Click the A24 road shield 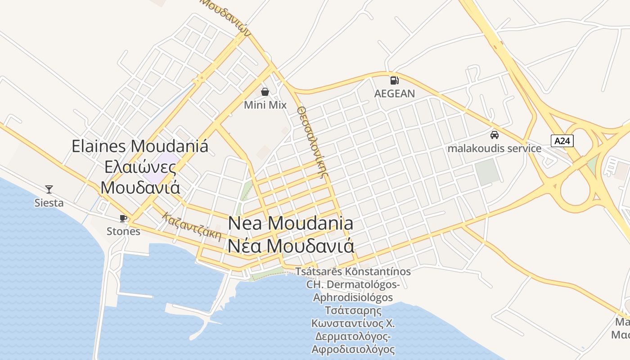coord(562,141)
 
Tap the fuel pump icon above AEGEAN coord(394,81)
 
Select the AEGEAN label coord(395,94)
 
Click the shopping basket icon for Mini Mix coord(265,92)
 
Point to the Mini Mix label coord(265,105)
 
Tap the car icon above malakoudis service coord(494,135)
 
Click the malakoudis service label coord(494,148)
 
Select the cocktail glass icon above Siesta coord(49,189)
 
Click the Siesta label coord(49,203)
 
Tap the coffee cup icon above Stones coord(123,219)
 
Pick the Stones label coord(123,231)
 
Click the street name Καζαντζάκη coord(192,226)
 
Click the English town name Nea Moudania coord(291,223)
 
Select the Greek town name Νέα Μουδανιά coord(291,246)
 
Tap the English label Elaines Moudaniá coord(140,146)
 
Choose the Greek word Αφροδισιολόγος coord(353,349)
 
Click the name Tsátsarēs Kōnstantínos coord(353,272)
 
